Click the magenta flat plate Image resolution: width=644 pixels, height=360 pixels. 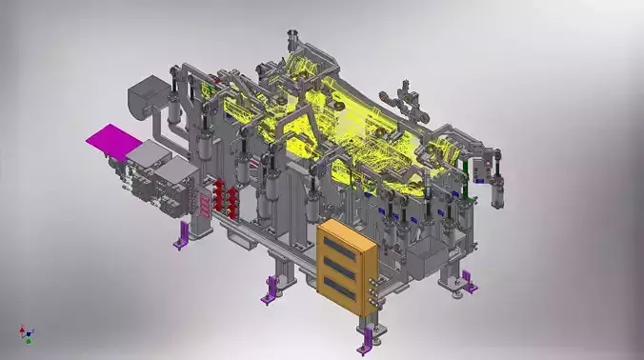pyautogui.click(x=113, y=141)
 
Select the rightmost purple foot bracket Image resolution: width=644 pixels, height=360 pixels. pyautogui.click(x=466, y=281)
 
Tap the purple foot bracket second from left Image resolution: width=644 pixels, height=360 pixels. pyautogui.click(x=272, y=288)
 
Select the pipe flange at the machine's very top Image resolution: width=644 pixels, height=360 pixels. pyautogui.click(x=293, y=40)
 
